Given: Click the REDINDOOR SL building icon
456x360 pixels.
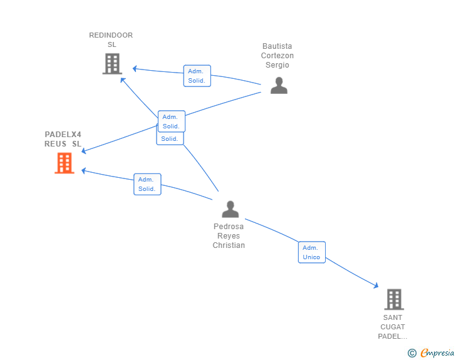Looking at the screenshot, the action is (x=112, y=64).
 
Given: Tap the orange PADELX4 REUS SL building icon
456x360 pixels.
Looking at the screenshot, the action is (x=65, y=163).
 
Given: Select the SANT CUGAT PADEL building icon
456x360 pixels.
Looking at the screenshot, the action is (x=394, y=299).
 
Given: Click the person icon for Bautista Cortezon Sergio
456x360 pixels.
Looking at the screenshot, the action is (x=279, y=85).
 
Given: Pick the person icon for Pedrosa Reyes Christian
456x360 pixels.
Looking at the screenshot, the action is (x=231, y=209).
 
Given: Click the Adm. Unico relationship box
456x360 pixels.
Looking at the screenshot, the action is (x=312, y=252).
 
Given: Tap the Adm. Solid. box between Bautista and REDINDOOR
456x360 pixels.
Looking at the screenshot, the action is (x=197, y=76).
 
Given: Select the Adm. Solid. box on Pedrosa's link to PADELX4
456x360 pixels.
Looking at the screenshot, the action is (x=147, y=184).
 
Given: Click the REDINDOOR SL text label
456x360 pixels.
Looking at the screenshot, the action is (x=111, y=40).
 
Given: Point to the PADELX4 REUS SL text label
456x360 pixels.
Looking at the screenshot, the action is (x=63, y=139).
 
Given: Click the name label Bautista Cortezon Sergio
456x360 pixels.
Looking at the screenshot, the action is (x=277, y=56).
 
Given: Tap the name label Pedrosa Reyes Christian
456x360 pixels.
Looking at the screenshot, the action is (x=229, y=236).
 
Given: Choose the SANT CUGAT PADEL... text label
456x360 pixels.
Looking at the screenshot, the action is (x=393, y=327).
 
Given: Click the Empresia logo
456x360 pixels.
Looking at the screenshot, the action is (x=437, y=352).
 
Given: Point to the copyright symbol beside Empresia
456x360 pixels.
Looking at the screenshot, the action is (x=412, y=353).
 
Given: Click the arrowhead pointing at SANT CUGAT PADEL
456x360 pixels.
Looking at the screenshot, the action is (x=376, y=285).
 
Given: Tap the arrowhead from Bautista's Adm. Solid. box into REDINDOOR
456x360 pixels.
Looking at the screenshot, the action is (x=134, y=69).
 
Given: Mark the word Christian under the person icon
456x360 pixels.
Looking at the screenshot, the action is (x=229, y=245).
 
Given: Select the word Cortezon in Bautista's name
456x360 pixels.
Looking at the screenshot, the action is (x=277, y=56).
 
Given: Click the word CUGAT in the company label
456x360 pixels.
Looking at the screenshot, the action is (x=393, y=327).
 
